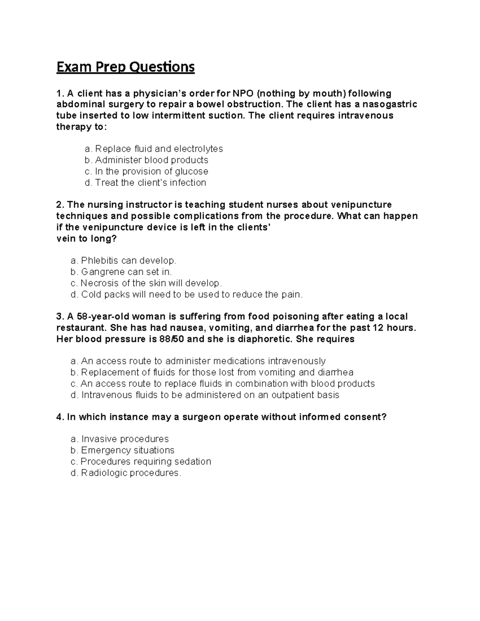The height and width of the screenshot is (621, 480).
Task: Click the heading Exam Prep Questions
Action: tap(125, 67)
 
